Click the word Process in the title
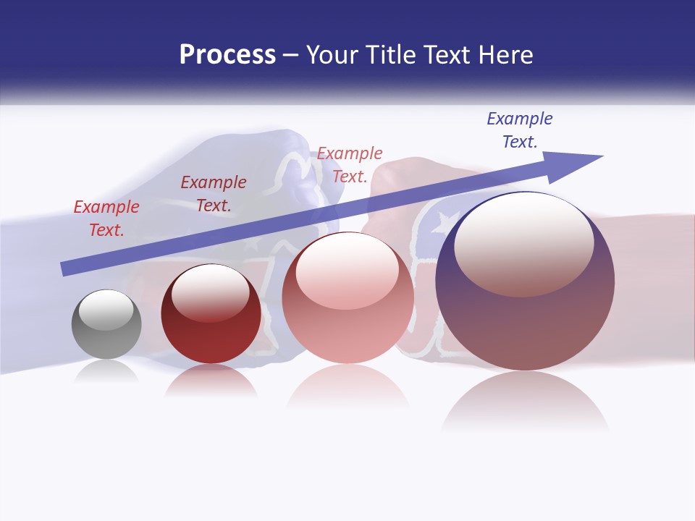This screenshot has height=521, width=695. pos(227,55)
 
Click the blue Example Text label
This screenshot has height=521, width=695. pos(520,130)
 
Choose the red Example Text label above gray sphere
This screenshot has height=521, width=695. pos(106,218)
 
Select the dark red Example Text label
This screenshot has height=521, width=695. pos(214,194)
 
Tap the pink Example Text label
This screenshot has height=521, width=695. pos(350,164)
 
